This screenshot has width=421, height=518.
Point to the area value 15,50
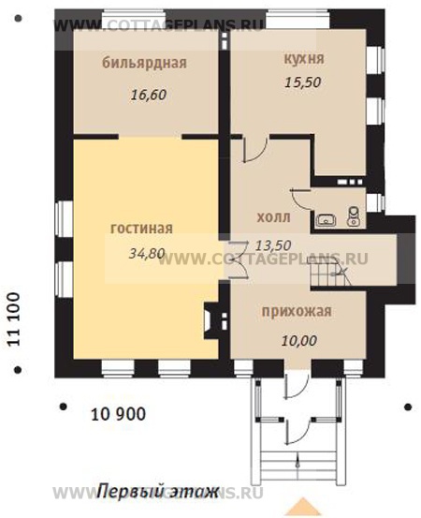click(303, 82)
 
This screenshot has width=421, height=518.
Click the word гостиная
click(142, 228)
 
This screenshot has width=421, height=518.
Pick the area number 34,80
click(144, 253)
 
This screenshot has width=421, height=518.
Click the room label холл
click(273, 217)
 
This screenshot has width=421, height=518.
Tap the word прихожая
click(297, 314)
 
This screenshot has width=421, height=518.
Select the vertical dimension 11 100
click(14, 322)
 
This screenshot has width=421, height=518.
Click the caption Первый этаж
click(157, 492)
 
